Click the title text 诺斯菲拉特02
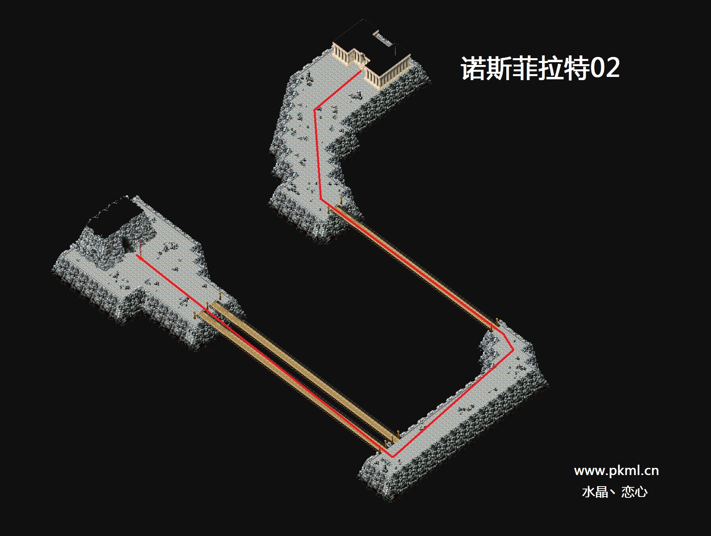tap(540, 68)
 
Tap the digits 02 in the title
tap(605, 68)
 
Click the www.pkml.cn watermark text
tap(616, 471)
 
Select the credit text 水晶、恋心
tap(615, 492)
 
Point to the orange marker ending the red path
tap(139, 257)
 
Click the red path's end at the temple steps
tap(361, 71)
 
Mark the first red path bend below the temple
tap(315, 109)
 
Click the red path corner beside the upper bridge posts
tap(321, 198)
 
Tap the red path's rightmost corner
tap(513, 351)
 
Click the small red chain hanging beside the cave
tap(140, 245)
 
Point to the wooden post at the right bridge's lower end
tap(497, 322)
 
